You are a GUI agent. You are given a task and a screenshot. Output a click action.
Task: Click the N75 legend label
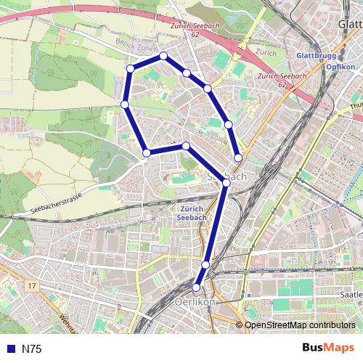(x=31, y=349)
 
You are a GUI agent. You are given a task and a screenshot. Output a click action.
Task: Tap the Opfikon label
(x=340, y=67)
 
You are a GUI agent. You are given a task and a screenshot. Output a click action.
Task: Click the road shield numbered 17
(x=31, y=287)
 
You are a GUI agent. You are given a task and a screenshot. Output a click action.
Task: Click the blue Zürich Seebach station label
(x=192, y=212)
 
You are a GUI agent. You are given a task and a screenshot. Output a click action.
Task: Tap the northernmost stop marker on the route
(x=163, y=56)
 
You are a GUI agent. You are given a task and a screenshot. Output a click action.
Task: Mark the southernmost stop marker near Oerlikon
(x=196, y=287)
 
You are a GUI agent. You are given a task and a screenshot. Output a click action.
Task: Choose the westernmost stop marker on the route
(x=125, y=105)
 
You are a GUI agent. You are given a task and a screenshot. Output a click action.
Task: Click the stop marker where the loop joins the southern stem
(x=226, y=183)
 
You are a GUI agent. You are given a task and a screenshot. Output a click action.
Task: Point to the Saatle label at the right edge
(x=351, y=295)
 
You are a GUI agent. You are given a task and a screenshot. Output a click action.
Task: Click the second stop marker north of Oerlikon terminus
(x=226, y=183)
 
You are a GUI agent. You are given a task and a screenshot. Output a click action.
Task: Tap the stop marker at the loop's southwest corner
(x=147, y=152)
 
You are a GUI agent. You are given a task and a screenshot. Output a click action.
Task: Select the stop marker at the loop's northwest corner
(x=131, y=68)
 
